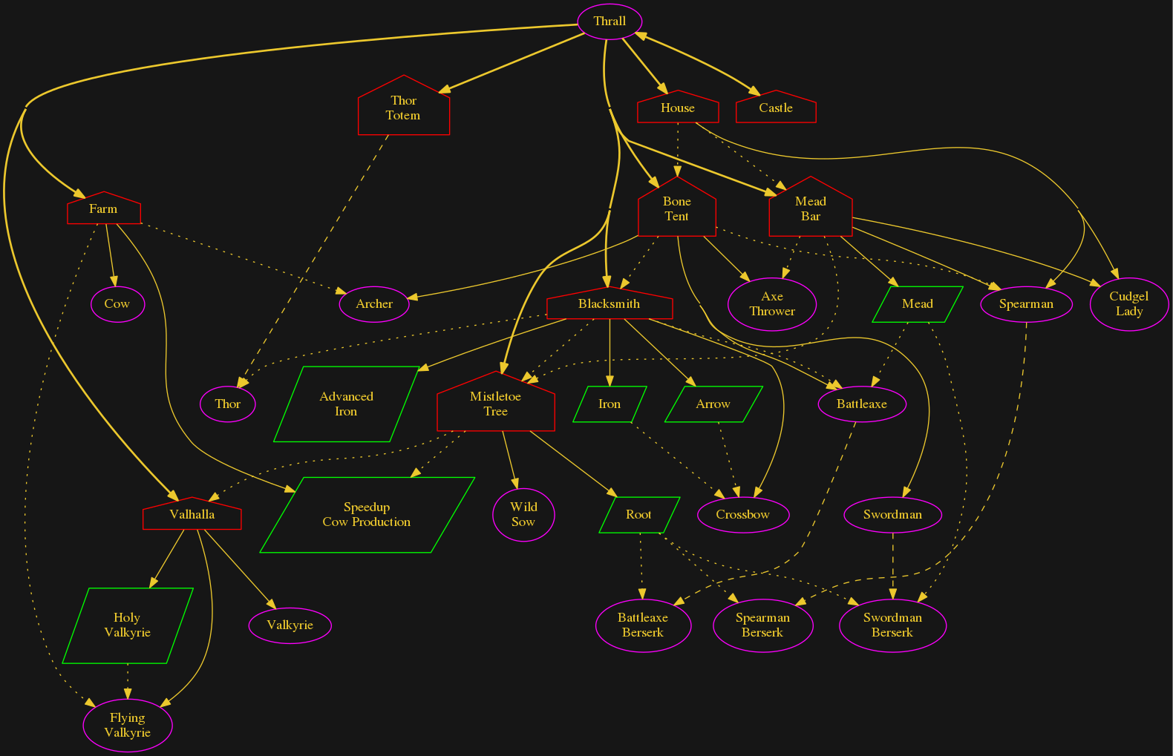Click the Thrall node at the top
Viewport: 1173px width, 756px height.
coord(610,22)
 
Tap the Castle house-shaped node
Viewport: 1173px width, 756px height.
coord(776,108)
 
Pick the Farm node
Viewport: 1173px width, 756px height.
coord(103,209)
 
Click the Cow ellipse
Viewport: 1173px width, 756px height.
coord(117,304)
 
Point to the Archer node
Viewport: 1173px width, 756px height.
coord(374,304)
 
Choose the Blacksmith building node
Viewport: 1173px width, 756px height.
coord(610,304)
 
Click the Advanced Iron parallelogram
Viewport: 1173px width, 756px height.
coord(346,404)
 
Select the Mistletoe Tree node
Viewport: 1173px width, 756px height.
coord(496,404)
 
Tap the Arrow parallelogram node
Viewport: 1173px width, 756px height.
coord(713,404)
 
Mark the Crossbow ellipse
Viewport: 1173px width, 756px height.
coord(743,515)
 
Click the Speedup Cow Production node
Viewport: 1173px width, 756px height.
coord(367,515)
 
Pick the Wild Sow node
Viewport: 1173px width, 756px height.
coord(523,515)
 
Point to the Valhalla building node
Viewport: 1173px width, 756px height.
coord(192,515)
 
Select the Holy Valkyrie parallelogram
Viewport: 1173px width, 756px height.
coord(128,625)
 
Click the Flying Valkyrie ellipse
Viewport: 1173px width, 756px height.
coord(128,726)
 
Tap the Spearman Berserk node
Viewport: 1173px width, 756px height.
coord(762,625)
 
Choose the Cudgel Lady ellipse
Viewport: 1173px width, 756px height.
coord(1129,304)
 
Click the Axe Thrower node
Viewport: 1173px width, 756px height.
coord(772,304)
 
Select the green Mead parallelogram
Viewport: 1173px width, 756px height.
coord(918,304)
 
